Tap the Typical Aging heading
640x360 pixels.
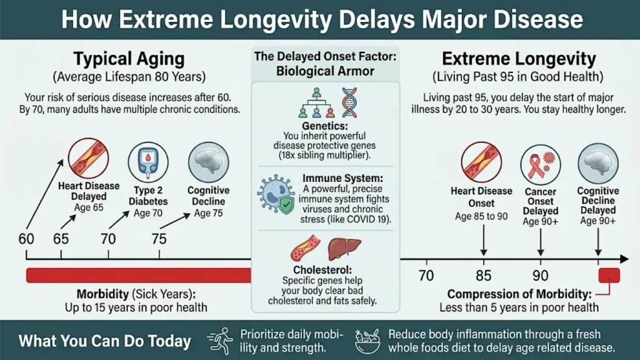pyautogui.click(x=129, y=60)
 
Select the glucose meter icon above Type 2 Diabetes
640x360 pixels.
pyautogui.click(x=148, y=161)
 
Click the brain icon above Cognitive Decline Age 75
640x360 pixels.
pyautogui.click(x=208, y=161)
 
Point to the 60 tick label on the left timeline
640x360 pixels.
pyautogui.click(x=26, y=239)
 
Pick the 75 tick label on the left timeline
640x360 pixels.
pyautogui.click(x=159, y=239)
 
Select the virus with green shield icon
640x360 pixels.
pyautogui.click(x=276, y=194)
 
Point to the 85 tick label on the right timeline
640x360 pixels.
pyautogui.click(x=483, y=276)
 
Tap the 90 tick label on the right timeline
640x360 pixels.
pyautogui.click(x=541, y=276)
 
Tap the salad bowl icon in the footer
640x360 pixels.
pyautogui.click(x=367, y=340)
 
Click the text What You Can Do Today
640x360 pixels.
pyautogui.click(x=104, y=341)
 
